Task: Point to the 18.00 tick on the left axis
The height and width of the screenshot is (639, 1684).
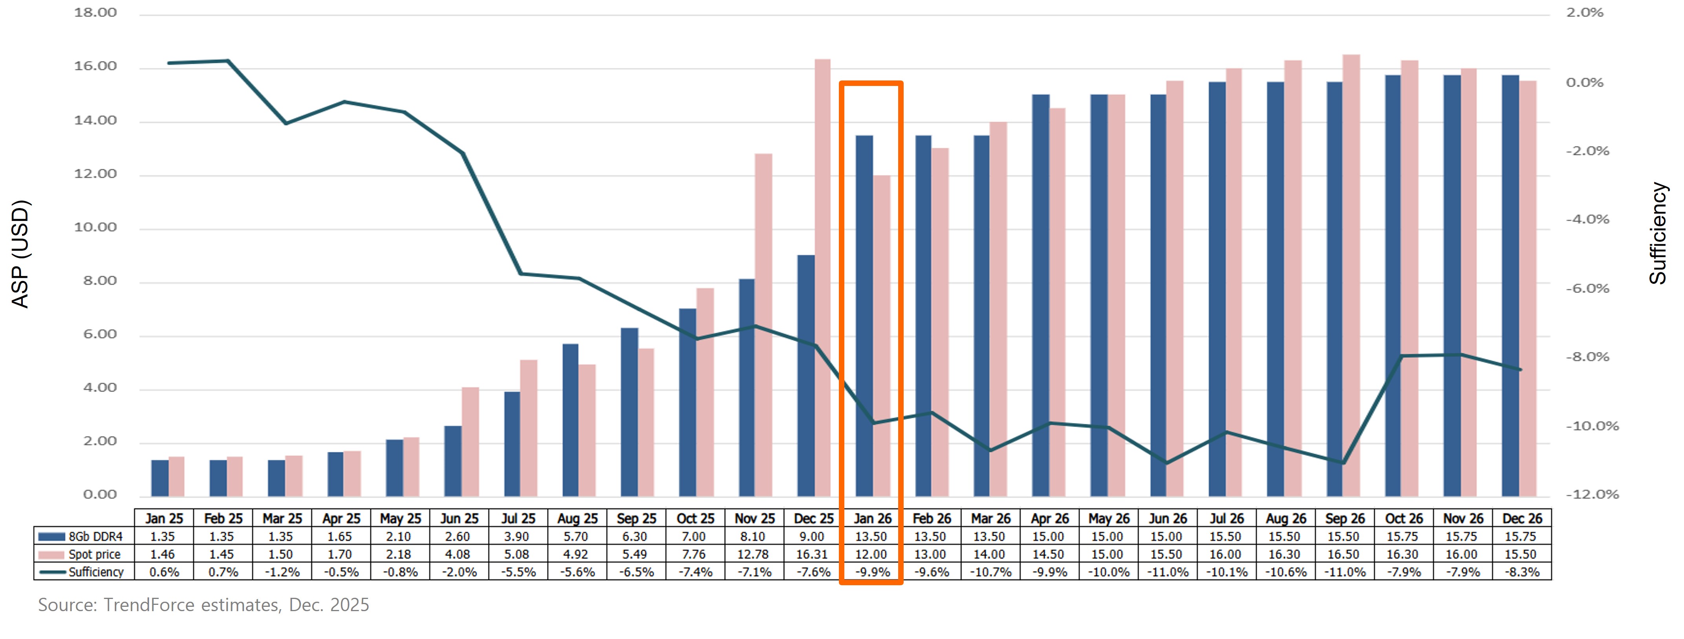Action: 95,13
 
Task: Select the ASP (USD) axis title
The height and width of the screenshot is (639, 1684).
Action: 20,254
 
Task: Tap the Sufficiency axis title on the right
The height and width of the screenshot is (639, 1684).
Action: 1657,233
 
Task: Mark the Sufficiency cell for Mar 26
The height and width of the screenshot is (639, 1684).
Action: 990,572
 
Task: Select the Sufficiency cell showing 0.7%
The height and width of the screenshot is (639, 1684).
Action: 222,572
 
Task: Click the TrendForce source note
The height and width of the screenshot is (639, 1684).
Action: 203,605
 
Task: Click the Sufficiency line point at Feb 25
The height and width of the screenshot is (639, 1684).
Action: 227,61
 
